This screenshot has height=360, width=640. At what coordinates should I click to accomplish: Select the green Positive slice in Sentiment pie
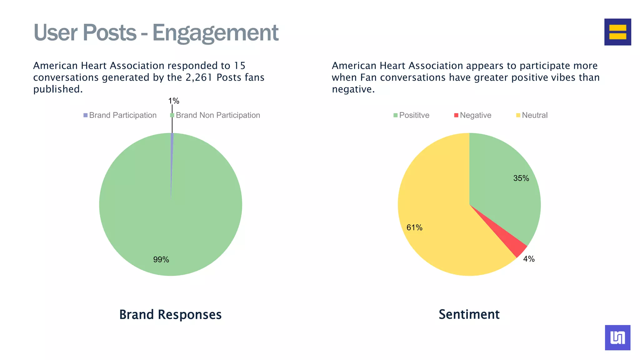[500, 187]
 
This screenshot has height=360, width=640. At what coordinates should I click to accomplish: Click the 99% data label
[161, 260]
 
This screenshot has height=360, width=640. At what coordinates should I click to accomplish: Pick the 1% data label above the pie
[174, 101]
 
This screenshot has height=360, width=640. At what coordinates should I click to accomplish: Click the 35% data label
[521, 178]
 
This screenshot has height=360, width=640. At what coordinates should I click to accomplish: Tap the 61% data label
[414, 227]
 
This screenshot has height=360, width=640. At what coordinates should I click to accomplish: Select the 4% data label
[529, 259]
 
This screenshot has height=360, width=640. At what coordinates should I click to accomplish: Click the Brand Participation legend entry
[120, 115]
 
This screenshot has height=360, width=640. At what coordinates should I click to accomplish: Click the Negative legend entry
[472, 115]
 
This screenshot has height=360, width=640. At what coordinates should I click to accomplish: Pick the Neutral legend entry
[532, 115]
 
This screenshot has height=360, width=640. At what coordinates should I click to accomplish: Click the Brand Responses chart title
[170, 314]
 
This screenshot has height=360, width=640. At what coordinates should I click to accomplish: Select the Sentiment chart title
[469, 314]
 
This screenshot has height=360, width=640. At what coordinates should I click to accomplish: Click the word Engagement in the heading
[215, 33]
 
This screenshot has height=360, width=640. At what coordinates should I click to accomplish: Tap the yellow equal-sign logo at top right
[617, 32]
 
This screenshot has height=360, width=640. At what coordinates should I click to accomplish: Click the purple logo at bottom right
[617, 337]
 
